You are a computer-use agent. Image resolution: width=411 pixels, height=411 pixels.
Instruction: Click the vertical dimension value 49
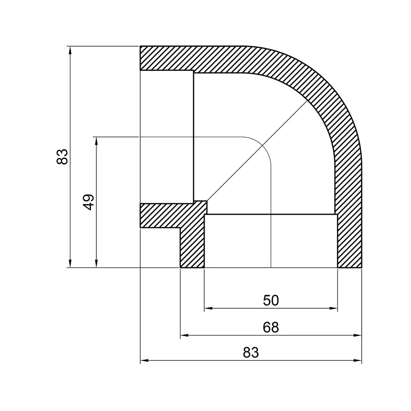tap(89, 201)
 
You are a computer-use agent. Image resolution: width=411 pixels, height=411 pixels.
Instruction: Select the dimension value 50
tap(271, 300)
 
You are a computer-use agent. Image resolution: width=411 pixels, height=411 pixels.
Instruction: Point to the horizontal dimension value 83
tap(251, 353)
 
